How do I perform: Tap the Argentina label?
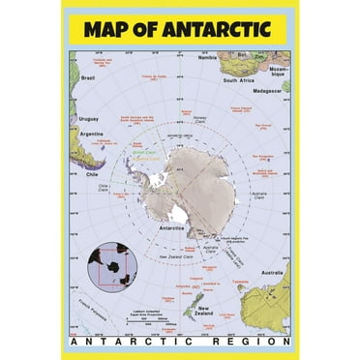(90, 133)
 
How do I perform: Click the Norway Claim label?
(200, 119)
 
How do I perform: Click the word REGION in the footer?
(254, 342)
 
